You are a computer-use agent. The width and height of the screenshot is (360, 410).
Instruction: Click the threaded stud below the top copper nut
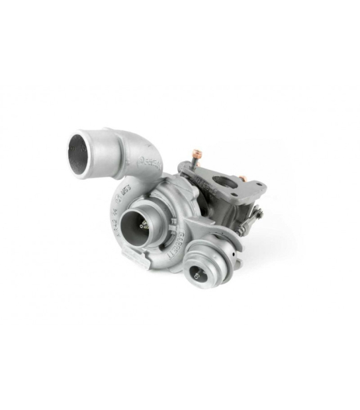(196, 163)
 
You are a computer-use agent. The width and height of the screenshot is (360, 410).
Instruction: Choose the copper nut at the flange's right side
(242, 179)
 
